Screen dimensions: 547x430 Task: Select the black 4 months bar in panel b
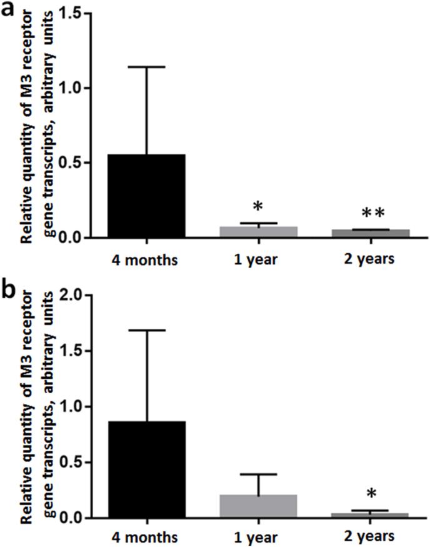click(x=147, y=469)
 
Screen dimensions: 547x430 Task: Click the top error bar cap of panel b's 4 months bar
click(x=147, y=330)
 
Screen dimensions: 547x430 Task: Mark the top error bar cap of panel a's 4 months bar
click(x=147, y=67)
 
